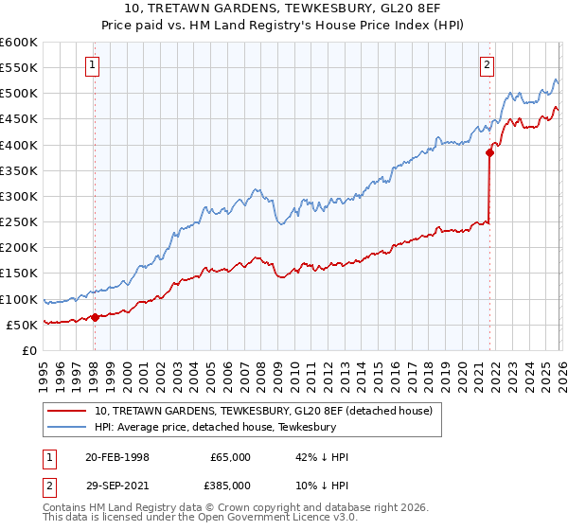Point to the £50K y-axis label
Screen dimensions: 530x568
pos(21,325)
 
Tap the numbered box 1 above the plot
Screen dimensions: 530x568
pos(94,65)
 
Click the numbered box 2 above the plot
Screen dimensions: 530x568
pos(487,65)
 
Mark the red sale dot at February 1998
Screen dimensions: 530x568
pos(95,317)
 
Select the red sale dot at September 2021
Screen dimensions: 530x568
pos(489,151)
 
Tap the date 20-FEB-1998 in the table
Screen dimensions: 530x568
pos(116,457)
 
